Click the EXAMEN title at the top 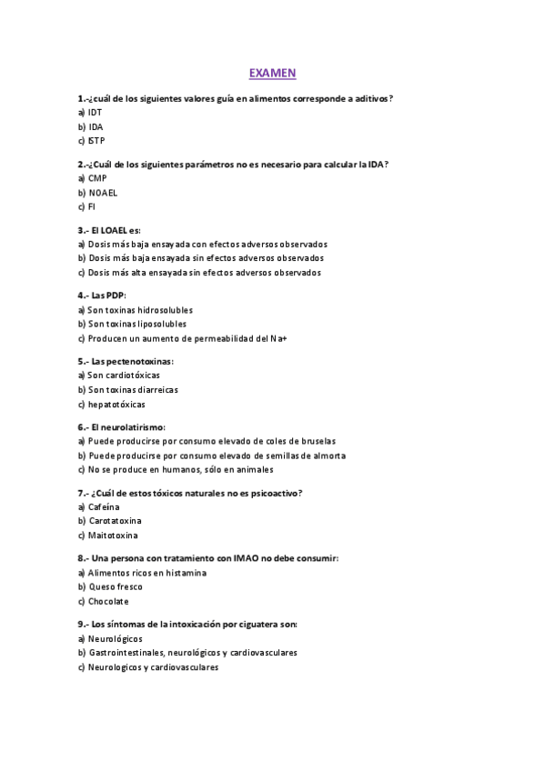pyautogui.click(x=273, y=72)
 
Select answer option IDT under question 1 pyautogui.click(x=96, y=112)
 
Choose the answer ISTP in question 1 pyautogui.click(x=96, y=141)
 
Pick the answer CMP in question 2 pyautogui.click(x=97, y=178)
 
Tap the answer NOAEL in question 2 pyautogui.click(x=103, y=193)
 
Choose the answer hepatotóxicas pyautogui.click(x=116, y=404)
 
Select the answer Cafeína pyautogui.click(x=103, y=506)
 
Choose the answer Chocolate pyautogui.click(x=108, y=601)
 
